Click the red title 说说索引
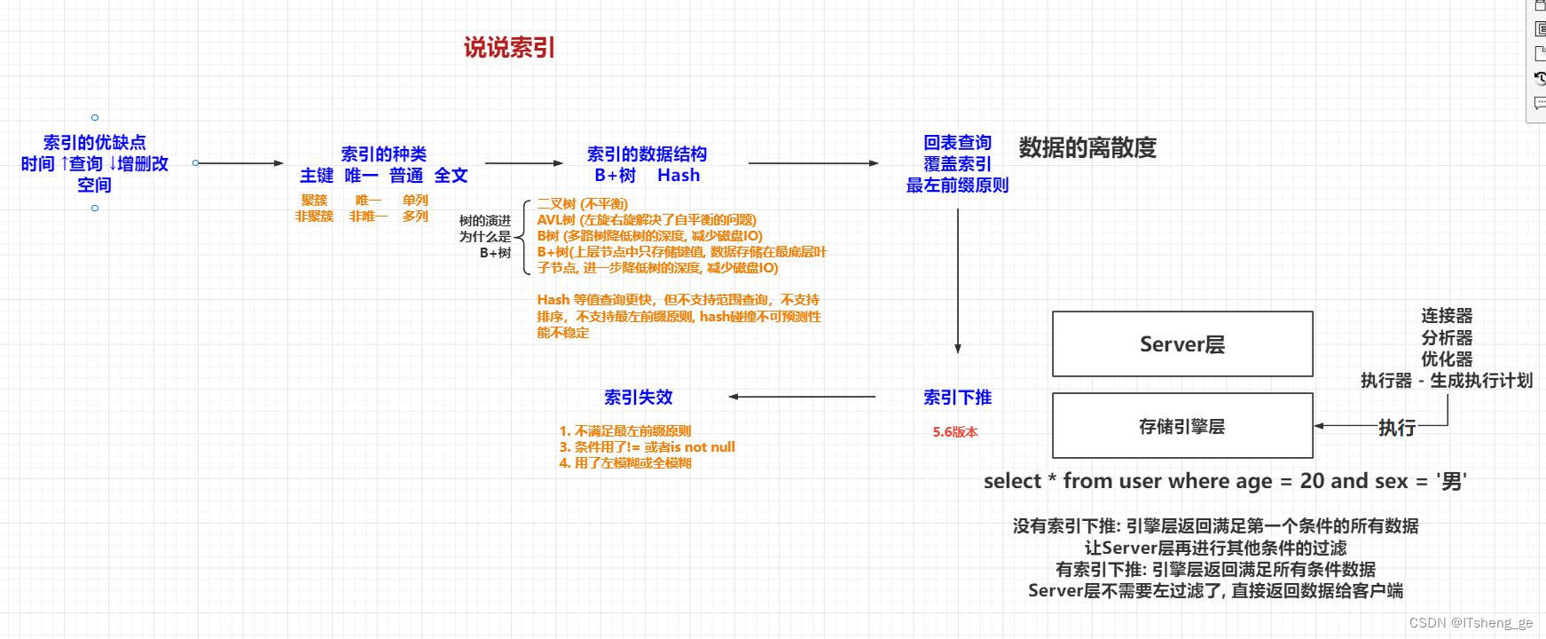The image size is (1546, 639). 509,48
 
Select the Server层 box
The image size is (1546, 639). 1182,344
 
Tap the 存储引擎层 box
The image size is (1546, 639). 1182,426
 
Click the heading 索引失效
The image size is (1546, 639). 639,398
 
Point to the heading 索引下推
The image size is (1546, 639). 957,398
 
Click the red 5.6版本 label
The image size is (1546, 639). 955,432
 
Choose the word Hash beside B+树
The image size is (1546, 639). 679,176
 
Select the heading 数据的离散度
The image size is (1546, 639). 1087,147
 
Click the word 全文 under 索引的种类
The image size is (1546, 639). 451,176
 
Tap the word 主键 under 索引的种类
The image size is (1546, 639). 317,176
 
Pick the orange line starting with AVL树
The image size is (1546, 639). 647,220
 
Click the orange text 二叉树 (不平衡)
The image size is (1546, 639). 582,204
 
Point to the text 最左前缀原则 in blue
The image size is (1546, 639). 957,185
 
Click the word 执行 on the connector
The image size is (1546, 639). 1397,428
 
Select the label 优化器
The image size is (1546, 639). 1447,359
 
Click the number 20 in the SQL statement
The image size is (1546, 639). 1312,481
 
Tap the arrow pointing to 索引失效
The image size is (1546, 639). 803,398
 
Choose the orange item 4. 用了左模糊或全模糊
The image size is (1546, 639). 625,463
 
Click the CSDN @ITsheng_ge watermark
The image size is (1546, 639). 1471,623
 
